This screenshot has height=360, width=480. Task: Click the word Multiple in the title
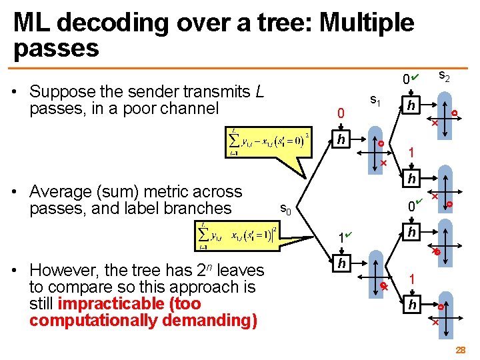pyautogui.click(x=367, y=23)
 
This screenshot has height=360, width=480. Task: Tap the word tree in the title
pyautogui.click(x=275, y=23)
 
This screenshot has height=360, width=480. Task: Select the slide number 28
pyautogui.click(x=460, y=350)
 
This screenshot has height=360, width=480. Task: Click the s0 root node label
pyautogui.click(x=285, y=211)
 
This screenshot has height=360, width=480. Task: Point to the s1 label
pyautogui.click(x=375, y=101)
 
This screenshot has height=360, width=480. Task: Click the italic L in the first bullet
pyautogui.click(x=261, y=91)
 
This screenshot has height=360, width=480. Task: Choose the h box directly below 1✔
pyautogui.click(x=341, y=264)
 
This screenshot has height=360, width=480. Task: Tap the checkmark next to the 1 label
pyautogui.click(x=349, y=235)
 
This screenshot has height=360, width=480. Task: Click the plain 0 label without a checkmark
pyautogui.click(x=341, y=115)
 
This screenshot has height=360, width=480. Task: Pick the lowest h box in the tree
pyautogui.click(x=413, y=305)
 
